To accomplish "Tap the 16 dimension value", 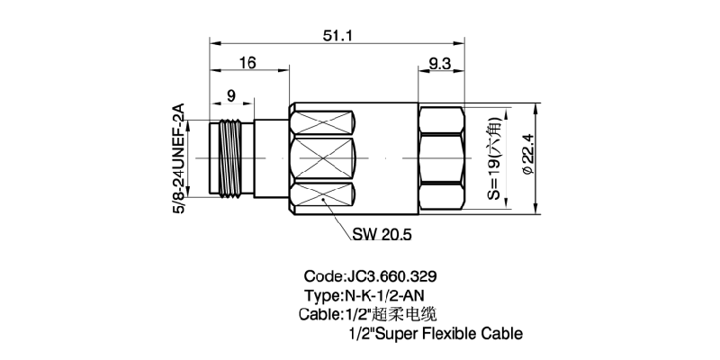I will coord(247,63).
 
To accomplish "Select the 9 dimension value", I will coord(231,94).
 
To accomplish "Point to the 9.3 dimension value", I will coord(441,63).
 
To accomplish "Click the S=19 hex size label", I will coord(494,158).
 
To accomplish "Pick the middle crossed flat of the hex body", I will coord(323,158).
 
